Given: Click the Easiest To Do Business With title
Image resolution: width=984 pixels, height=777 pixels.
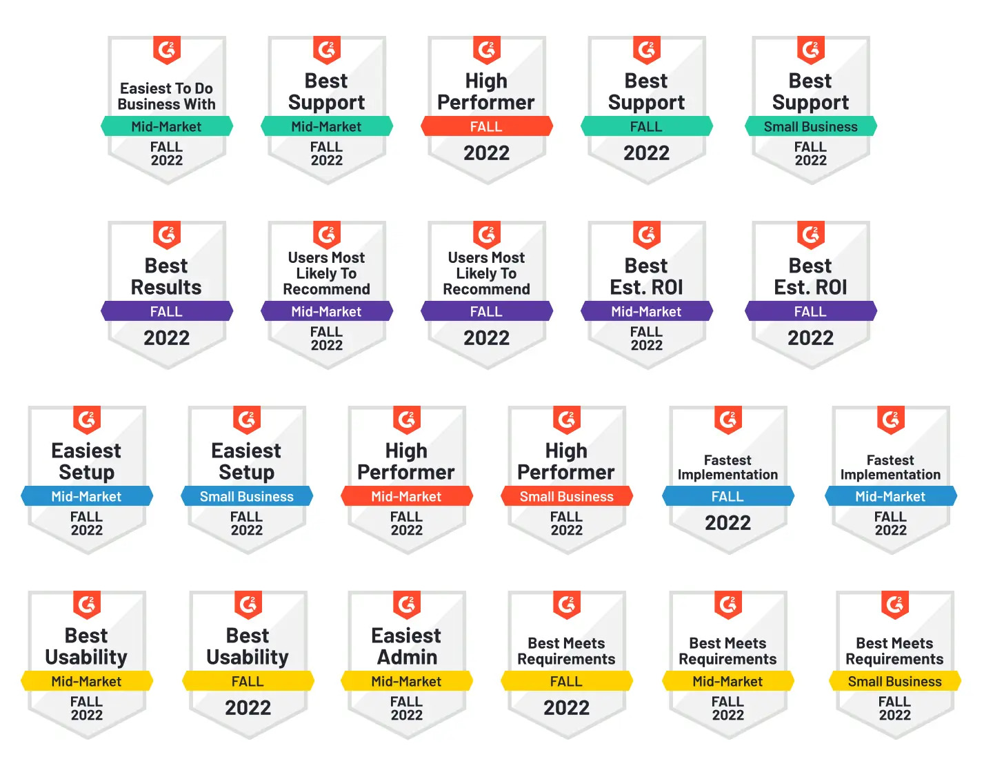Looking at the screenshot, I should point(166,97).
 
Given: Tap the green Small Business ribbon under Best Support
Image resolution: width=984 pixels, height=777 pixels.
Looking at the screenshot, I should point(810,127).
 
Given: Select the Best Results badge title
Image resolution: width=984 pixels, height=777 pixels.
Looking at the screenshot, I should point(166,277).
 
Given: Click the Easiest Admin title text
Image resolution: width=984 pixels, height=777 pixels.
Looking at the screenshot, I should point(406,647).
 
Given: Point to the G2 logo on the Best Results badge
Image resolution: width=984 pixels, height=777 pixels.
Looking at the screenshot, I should point(166,235).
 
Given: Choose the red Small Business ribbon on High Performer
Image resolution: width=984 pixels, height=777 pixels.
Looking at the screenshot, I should point(566,497).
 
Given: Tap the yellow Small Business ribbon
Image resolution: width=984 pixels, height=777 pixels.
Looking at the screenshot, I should point(894,682).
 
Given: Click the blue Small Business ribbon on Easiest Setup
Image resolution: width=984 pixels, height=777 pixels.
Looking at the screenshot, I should point(246,497).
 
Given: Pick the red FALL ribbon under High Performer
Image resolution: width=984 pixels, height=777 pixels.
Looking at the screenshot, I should point(486,127).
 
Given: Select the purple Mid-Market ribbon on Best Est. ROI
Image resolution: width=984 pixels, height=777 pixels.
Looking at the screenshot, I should point(646,312).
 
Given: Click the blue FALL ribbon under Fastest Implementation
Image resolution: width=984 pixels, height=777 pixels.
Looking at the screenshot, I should point(727,497).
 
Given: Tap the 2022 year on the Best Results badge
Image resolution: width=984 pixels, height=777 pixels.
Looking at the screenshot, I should point(166,338).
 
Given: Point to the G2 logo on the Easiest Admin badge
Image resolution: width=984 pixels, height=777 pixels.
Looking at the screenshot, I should point(406,605).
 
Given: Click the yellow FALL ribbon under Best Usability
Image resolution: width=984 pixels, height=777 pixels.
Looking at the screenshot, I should point(248,682).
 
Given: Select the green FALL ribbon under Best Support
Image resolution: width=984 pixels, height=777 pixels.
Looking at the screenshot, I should point(646,127).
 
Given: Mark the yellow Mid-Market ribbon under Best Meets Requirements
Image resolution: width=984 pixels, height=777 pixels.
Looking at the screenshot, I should point(727,682).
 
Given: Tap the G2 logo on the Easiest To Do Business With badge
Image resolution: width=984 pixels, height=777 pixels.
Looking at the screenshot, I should point(166,50).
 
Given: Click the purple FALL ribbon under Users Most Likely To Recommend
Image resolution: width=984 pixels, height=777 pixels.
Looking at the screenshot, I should point(486,312).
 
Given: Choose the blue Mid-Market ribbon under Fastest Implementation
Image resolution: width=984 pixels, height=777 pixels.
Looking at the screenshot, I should point(890,497).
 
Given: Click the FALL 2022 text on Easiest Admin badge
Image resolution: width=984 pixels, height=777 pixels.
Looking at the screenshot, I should point(406,709).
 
